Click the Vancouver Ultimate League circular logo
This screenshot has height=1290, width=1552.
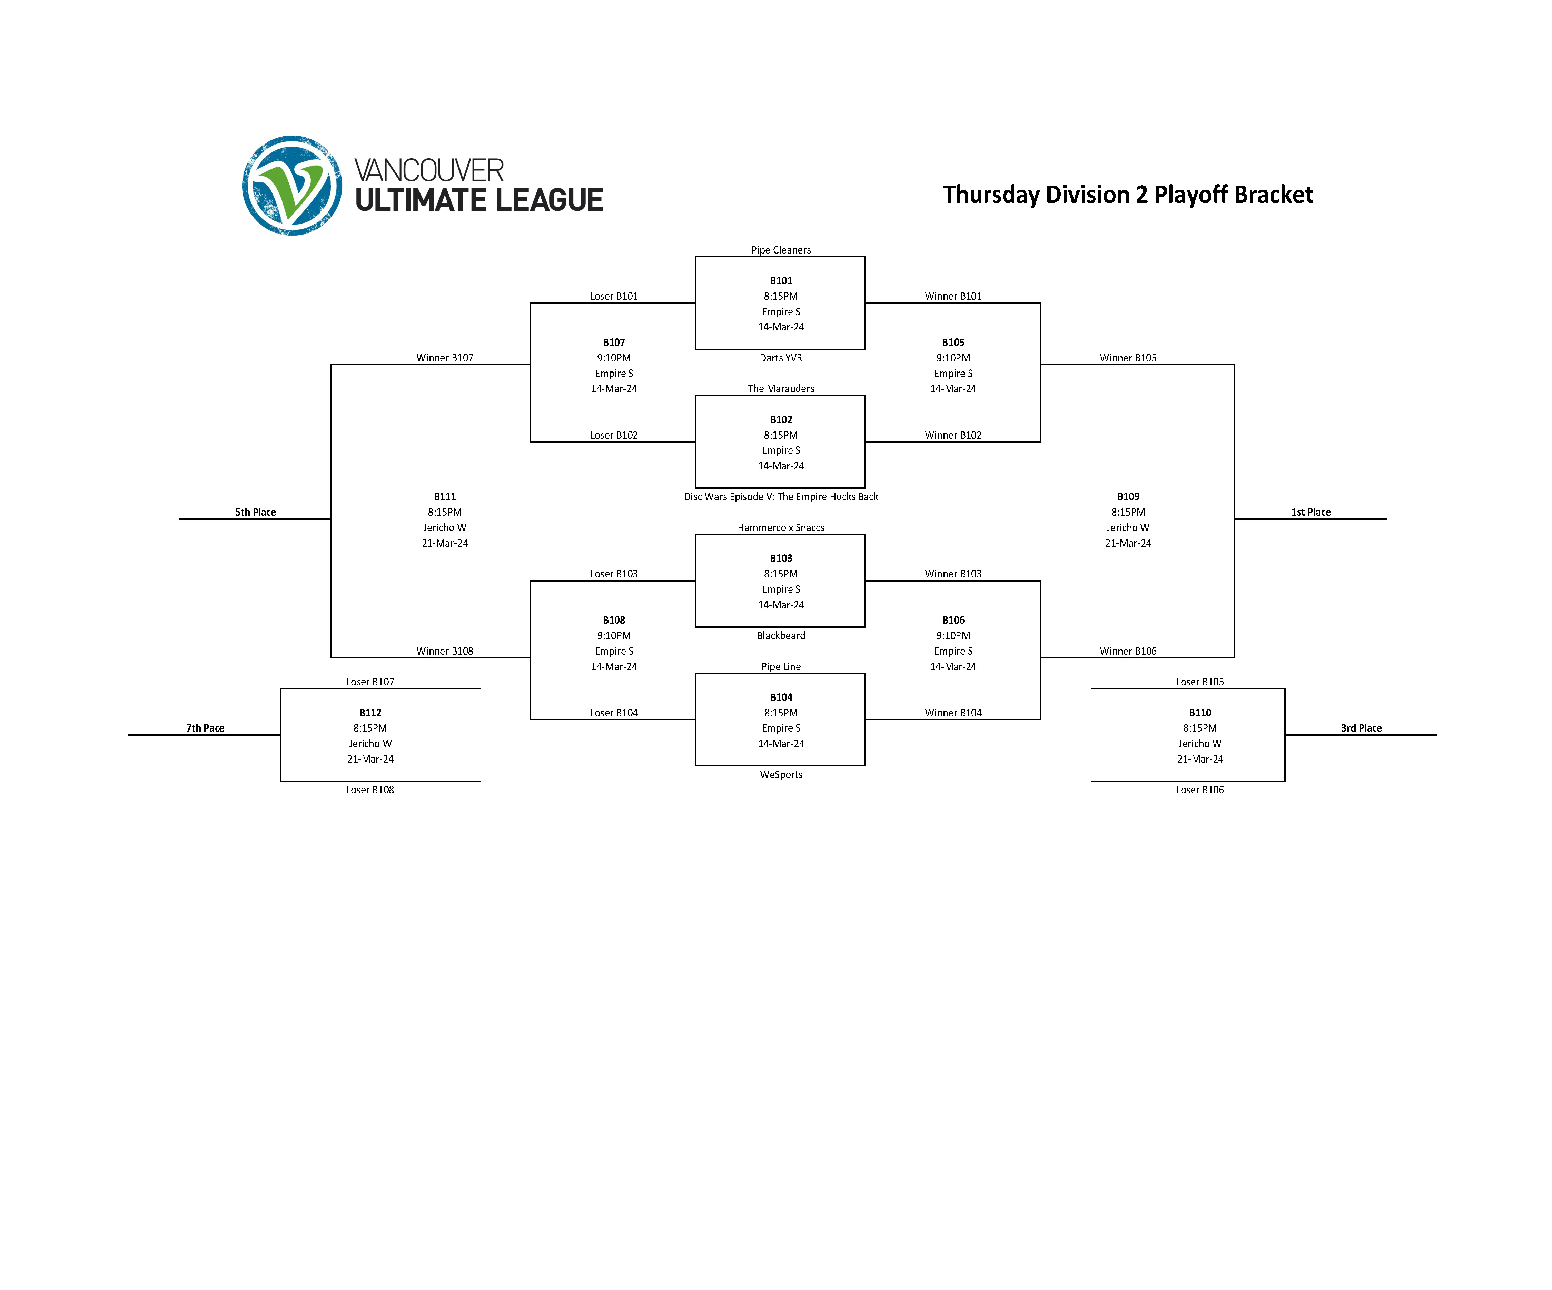pos(292,186)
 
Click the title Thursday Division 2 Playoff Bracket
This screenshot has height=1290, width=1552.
pos(1128,194)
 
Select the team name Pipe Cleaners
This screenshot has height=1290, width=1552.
pos(780,250)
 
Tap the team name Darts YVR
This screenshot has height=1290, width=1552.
pos(780,358)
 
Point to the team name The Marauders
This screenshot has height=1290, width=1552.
pos(780,389)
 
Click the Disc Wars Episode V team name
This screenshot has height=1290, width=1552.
pos(780,496)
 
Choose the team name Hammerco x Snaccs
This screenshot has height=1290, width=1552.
pos(780,527)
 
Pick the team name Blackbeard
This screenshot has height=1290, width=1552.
pos(780,635)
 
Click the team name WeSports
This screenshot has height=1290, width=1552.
pos(780,774)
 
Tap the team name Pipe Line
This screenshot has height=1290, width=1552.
pos(780,666)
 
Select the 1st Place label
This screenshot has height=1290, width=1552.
pos(1310,512)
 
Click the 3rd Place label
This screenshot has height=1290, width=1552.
pos(1361,728)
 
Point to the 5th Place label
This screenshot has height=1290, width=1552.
pos(255,512)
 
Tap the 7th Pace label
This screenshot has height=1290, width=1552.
pos(205,728)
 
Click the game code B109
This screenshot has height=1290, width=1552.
pos(1128,496)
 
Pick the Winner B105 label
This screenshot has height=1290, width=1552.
pos(1128,358)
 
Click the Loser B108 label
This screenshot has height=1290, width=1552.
pos(370,790)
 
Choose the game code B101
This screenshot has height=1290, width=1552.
pos(780,281)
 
